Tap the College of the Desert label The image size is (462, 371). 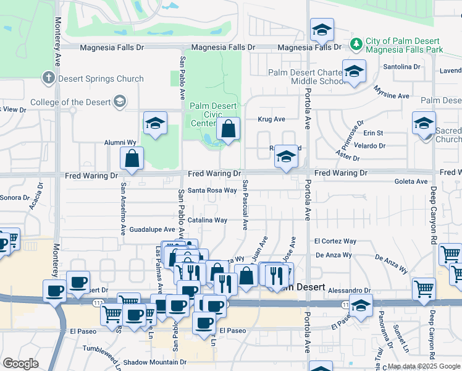70,102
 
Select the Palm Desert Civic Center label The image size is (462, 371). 213,114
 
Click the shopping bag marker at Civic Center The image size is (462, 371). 228,129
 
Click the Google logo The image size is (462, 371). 20,364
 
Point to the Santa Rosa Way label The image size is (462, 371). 212,190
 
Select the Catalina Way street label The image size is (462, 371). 208,220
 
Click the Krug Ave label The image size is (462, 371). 271,119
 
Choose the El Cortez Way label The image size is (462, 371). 335,241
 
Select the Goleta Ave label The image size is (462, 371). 411,182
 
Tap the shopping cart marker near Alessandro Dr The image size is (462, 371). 424,288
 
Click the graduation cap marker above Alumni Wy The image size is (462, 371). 155,124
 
